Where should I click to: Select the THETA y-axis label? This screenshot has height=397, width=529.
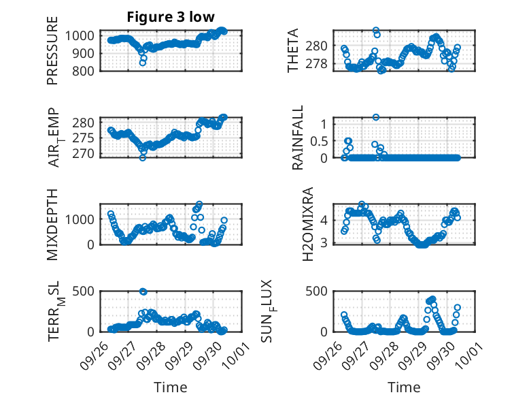pyautogui.click(x=293, y=50)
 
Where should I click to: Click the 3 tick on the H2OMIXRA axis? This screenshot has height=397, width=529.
pyautogui.click(x=326, y=242)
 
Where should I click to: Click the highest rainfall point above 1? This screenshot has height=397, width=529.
pyautogui.click(x=376, y=117)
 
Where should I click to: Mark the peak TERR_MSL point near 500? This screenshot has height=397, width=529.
pyautogui.click(x=143, y=291)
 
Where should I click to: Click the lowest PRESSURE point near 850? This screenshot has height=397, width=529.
pyautogui.click(x=143, y=62)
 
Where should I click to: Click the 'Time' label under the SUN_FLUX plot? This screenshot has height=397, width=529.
pyautogui.click(x=404, y=387)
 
